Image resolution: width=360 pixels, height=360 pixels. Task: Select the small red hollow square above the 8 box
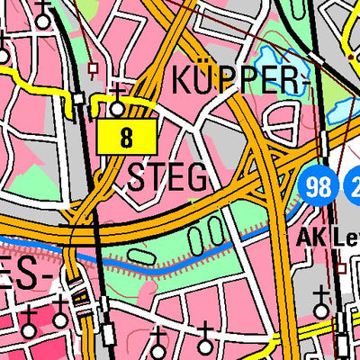91,67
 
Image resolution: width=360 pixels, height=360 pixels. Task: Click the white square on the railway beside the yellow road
78,97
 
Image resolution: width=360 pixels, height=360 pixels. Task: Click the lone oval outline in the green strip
140,256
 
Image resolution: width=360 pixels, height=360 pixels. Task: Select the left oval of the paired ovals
198,237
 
